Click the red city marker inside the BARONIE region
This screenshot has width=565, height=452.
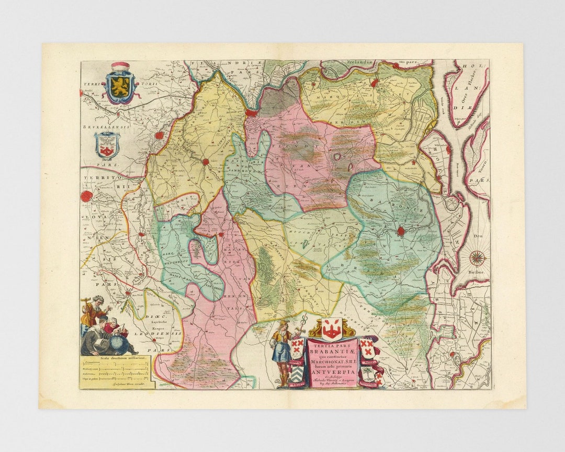point(401,231)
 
